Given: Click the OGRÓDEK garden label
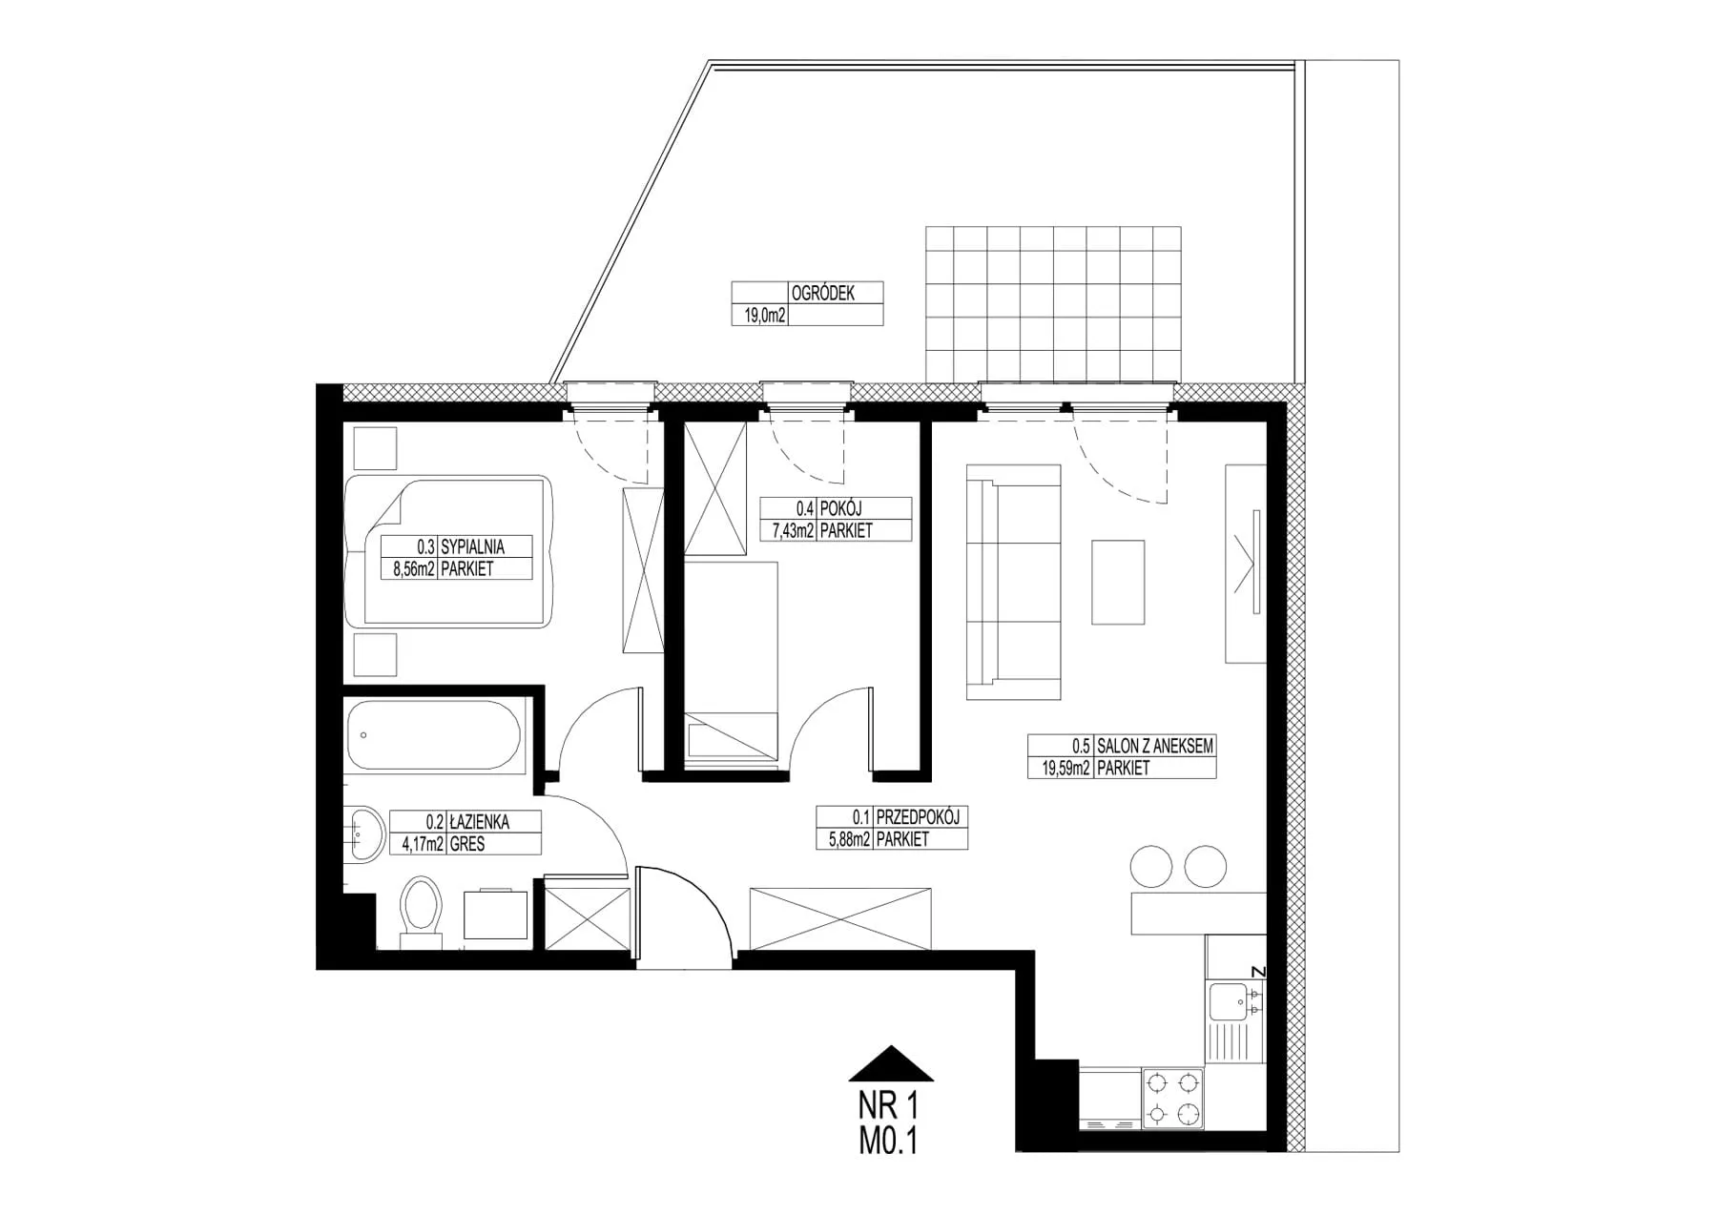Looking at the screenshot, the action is pyautogui.click(x=822, y=293).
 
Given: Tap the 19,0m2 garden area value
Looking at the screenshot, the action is pyautogui.click(x=759, y=316).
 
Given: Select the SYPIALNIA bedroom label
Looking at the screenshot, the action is pyautogui.click(x=472, y=546).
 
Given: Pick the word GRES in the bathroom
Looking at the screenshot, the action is pyautogui.click(x=467, y=844).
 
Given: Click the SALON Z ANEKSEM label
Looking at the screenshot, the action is pyautogui.click(x=1155, y=746).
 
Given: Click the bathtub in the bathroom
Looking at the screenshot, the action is pyautogui.click(x=435, y=734).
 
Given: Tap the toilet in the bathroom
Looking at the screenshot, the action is pyautogui.click(x=421, y=912).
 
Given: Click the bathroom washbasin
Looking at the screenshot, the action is pyautogui.click(x=363, y=834).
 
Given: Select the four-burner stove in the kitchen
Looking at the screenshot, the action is pyautogui.click(x=1172, y=1099).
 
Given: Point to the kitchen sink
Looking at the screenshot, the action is pyautogui.click(x=1235, y=1003).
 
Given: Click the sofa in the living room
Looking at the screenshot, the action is pyautogui.click(x=1013, y=583).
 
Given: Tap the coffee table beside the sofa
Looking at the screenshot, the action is pyautogui.click(x=1118, y=582).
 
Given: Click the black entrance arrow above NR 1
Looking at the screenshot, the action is pyautogui.click(x=891, y=1063).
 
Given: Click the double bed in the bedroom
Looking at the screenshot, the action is pyautogui.click(x=448, y=551).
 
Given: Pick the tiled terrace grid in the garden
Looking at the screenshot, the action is pyautogui.click(x=1053, y=303).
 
